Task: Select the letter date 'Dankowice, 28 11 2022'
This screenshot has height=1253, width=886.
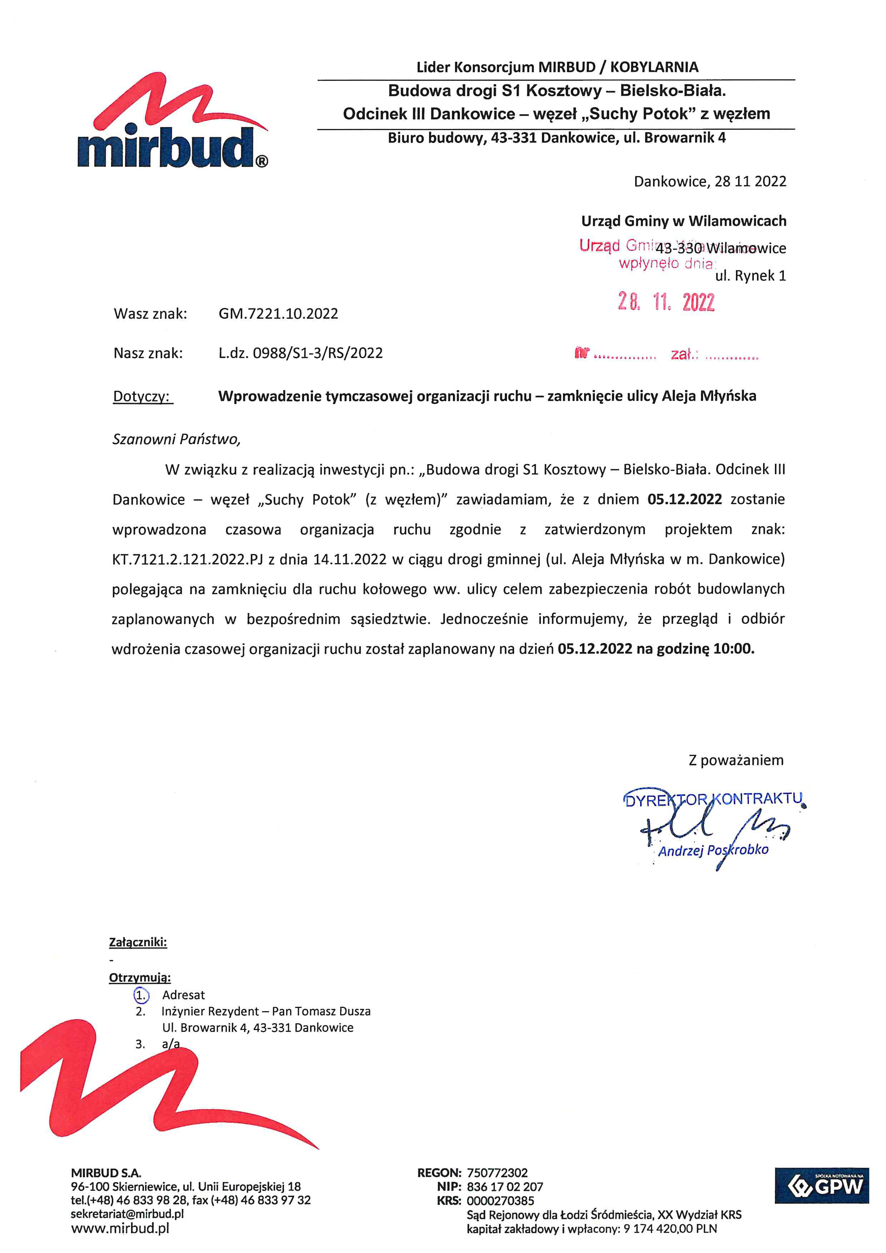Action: coord(710,182)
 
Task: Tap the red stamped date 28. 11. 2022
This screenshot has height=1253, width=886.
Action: coord(666,302)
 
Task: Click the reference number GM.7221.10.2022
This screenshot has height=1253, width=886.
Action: coord(278,314)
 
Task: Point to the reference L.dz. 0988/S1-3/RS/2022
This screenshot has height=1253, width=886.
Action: coord(300,353)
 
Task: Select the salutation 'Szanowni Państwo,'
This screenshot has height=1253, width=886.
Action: coord(176,439)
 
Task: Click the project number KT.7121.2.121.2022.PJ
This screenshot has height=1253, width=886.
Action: coord(188,560)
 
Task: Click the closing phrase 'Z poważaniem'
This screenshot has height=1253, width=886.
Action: coord(736,760)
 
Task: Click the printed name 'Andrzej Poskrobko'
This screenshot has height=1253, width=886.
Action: coord(713,850)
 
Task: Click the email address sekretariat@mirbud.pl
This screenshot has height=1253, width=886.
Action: coord(127,1214)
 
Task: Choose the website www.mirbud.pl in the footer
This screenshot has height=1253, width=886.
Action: coord(120,1228)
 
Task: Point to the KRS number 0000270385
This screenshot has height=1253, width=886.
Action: coord(500,1200)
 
